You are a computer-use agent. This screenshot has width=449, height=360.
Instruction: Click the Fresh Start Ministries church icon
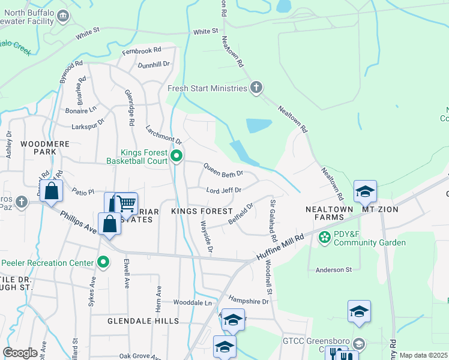point(256,88)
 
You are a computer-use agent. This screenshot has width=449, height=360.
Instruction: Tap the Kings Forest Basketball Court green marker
point(176,157)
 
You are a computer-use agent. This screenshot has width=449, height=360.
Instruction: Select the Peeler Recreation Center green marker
point(104,262)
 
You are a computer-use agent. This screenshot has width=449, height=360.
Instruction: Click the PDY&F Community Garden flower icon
point(325,237)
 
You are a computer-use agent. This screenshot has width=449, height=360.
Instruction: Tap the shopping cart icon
point(125,203)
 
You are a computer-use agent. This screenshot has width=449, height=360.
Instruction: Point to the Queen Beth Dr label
point(223,170)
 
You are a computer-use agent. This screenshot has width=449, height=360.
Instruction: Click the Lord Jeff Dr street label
point(223,190)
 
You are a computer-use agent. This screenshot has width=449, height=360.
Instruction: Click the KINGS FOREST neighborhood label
point(202,211)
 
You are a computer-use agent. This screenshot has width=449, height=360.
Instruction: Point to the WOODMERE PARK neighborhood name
point(45,148)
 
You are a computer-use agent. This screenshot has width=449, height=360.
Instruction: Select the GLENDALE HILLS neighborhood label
point(143,321)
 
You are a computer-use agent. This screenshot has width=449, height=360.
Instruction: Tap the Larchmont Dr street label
point(163,134)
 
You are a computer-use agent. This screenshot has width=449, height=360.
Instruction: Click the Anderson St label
point(333,270)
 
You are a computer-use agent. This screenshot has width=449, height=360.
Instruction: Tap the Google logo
point(20,353)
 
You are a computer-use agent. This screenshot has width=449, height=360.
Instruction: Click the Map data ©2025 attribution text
point(423,355)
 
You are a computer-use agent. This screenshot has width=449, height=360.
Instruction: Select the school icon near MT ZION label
point(364,191)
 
